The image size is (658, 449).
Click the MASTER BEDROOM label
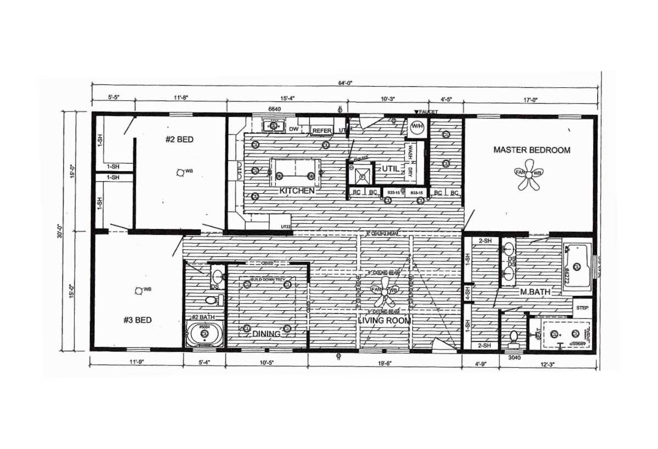(x=531, y=150)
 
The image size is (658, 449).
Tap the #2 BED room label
(x=179, y=139)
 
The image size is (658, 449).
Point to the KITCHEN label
(x=297, y=191)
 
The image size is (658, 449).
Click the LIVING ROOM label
(x=384, y=321)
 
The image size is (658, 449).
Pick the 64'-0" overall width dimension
(x=345, y=83)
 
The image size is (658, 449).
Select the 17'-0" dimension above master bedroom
(x=530, y=100)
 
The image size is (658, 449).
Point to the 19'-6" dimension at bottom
(x=384, y=363)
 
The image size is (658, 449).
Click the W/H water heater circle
(x=417, y=127)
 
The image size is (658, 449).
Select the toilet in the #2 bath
(x=211, y=300)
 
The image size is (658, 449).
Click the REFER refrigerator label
(x=322, y=131)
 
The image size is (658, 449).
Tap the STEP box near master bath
(x=582, y=308)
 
